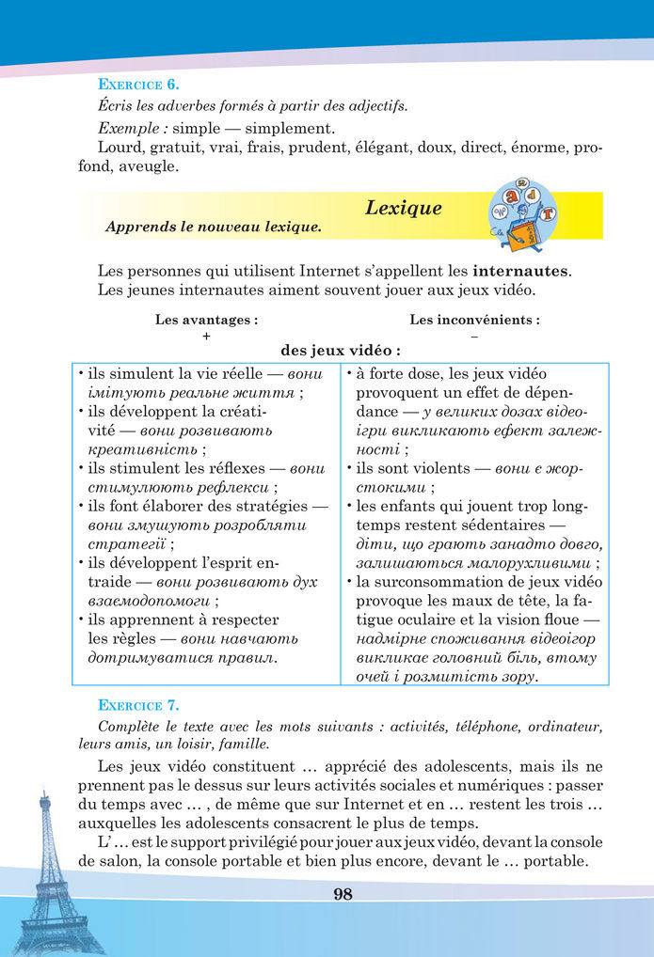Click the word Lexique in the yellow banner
(x=403, y=208)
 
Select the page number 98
(x=343, y=893)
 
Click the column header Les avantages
(x=206, y=320)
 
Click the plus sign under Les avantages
(x=205, y=336)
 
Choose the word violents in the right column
(x=429, y=467)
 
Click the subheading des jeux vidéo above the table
(x=340, y=351)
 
